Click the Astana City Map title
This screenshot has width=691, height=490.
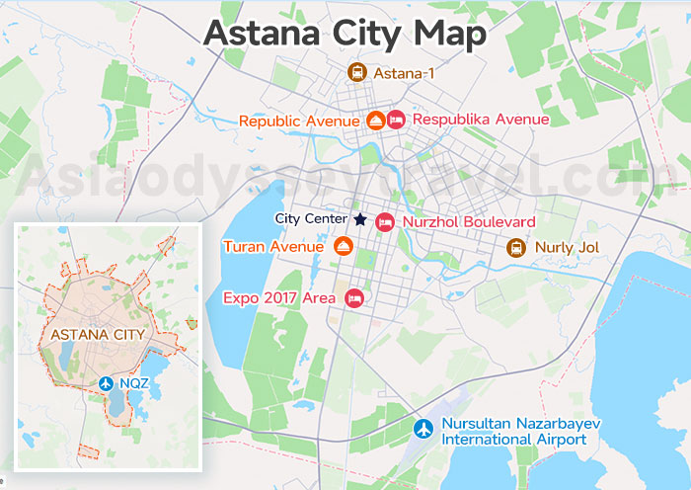tap(345, 33)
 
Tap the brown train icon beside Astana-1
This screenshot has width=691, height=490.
tap(356, 72)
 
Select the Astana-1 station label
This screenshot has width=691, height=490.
tap(404, 72)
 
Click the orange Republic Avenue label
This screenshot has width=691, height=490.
tap(298, 121)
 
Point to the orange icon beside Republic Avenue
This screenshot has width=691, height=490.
tap(375, 121)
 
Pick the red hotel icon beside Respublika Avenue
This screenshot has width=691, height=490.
tap(396, 120)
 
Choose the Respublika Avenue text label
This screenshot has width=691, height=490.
tap(481, 120)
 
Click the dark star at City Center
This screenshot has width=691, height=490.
tap(360, 218)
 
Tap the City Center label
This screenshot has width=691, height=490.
tap(311, 218)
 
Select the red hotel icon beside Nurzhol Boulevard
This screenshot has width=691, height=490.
tap(385, 222)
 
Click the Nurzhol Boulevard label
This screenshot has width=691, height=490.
tap(469, 222)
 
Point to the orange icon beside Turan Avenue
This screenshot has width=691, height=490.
tap(344, 246)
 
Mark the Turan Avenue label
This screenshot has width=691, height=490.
tap(273, 246)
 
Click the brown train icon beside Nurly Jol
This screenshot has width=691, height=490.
tap(515, 247)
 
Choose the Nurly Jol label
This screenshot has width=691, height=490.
tap(566, 247)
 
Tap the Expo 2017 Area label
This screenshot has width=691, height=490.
tap(279, 296)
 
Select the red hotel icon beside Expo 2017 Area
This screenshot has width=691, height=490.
tap(354, 296)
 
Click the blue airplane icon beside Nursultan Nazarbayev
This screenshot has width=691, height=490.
tap(424, 430)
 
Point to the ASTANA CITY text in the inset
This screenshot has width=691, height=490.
tap(98, 334)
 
